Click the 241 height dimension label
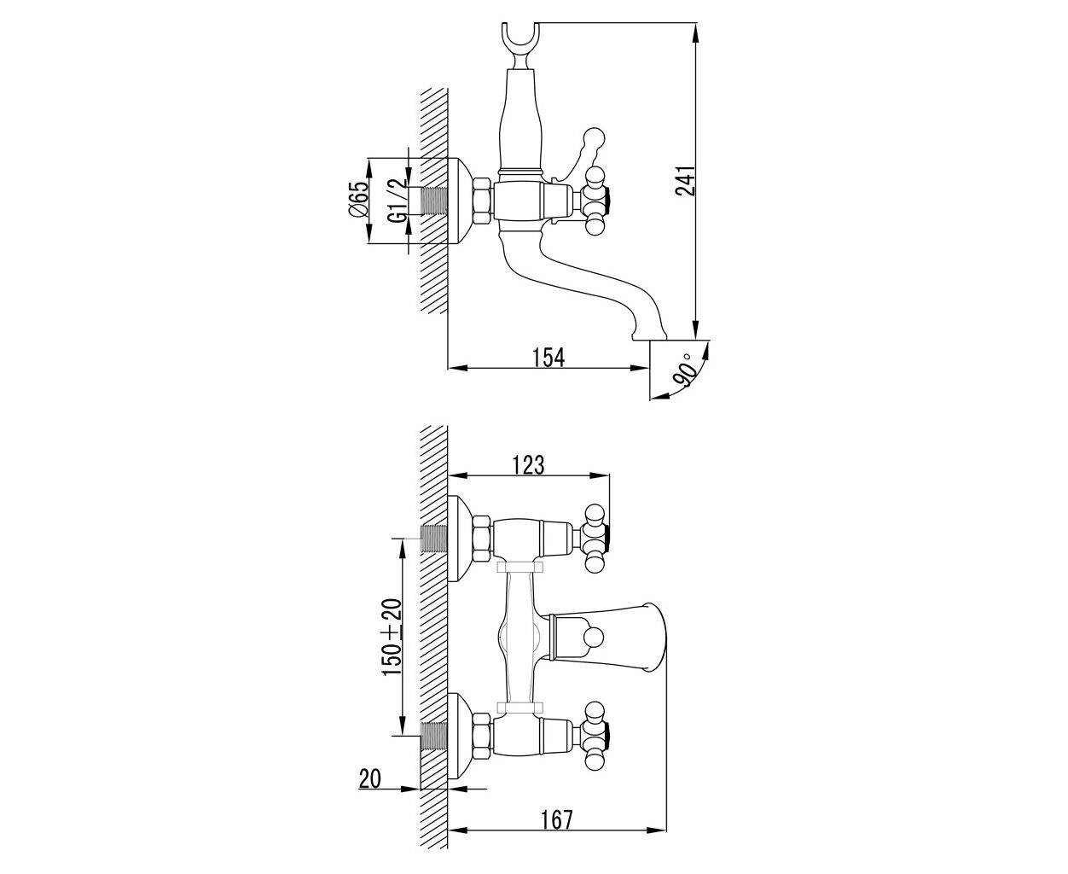(x=686, y=181)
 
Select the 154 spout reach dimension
(x=548, y=358)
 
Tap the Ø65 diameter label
(x=357, y=199)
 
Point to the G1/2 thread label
(x=398, y=200)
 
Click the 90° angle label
(x=683, y=372)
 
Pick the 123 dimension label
(x=528, y=464)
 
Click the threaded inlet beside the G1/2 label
(x=434, y=200)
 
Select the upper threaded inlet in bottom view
(x=434, y=539)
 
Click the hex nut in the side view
(x=482, y=200)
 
